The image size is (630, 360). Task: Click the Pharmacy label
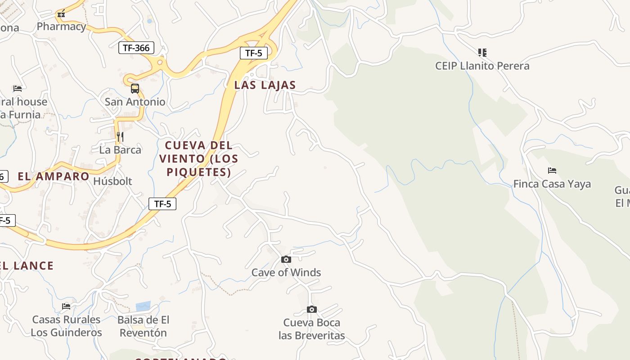pyautogui.click(x=61, y=27)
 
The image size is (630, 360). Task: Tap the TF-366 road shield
pyautogui.click(x=136, y=48)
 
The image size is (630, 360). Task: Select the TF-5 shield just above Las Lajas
pyautogui.click(x=254, y=53)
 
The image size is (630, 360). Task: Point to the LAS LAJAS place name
pyautogui.click(x=265, y=85)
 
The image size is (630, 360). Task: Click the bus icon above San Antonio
pyautogui.click(x=135, y=89)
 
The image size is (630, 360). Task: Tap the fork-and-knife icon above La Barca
pyautogui.click(x=120, y=136)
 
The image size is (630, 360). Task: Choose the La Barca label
pyautogui.click(x=120, y=150)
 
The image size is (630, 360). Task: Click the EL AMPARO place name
pyautogui.click(x=54, y=176)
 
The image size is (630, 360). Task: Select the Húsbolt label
pyautogui.click(x=112, y=181)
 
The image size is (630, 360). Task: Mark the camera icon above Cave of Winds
pyautogui.click(x=286, y=259)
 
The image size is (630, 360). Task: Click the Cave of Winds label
pyautogui.click(x=286, y=272)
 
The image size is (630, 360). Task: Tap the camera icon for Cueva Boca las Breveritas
pyautogui.click(x=311, y=309)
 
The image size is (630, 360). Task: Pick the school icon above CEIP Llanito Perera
pyautogui.click(x=482, y=53)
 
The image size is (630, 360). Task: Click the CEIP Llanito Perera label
pyautogui.click(x=482, y=66)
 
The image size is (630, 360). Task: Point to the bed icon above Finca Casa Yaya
pyautogui.click(x=552, y=171)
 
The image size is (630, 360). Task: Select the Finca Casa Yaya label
pyautogui.click(x=552, y=184)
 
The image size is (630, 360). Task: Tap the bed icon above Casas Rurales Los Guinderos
pyautogui.click(x=66, y=306)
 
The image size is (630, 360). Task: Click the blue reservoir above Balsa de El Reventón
pyautogui.click(x=143, y=306)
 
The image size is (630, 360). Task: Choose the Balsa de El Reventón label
pyautogui.click(x=143, y=326)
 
